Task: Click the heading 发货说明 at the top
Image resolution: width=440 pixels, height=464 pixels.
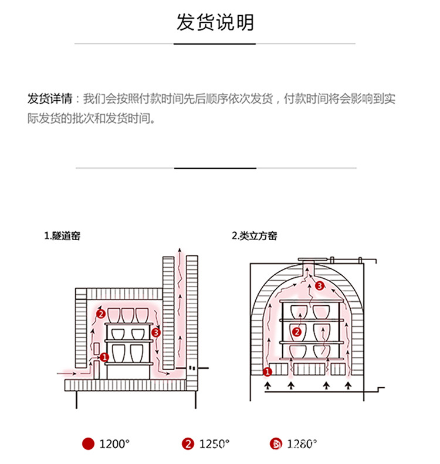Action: [215, 22]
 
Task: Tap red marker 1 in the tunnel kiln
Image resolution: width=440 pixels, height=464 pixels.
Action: [104, 356]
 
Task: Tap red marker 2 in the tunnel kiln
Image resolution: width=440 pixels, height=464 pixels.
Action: [100, 315]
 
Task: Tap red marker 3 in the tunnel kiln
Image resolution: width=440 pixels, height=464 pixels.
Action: [155, 333]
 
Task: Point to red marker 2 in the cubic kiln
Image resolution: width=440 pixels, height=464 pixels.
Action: [297, 332]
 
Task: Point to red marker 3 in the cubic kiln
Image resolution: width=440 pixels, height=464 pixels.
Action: [319, 286]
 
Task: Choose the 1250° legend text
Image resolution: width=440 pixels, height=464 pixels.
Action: [214, 443]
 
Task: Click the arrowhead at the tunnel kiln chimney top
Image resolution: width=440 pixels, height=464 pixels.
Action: [181, 253]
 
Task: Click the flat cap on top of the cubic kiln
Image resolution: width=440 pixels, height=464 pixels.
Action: [309, 259]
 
